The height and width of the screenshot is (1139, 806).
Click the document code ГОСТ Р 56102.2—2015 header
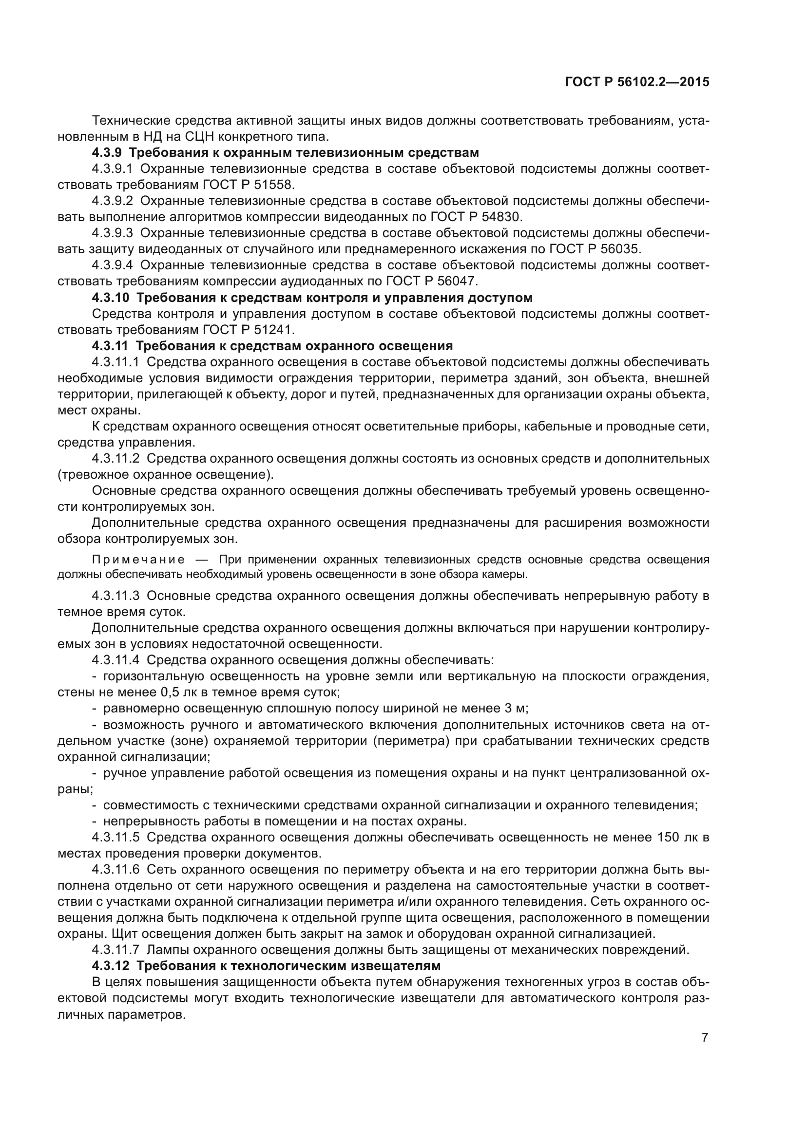tap(637, 82)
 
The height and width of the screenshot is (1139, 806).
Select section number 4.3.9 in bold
tap(107, 153)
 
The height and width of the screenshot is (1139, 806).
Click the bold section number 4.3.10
tap(110, 298)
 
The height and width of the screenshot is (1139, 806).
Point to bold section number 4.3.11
tap(110, 346)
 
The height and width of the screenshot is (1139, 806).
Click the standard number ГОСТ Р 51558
tap(249, 185)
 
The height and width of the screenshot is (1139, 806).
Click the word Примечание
tap(138, 560)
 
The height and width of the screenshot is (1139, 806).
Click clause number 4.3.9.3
tap(112, 233)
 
